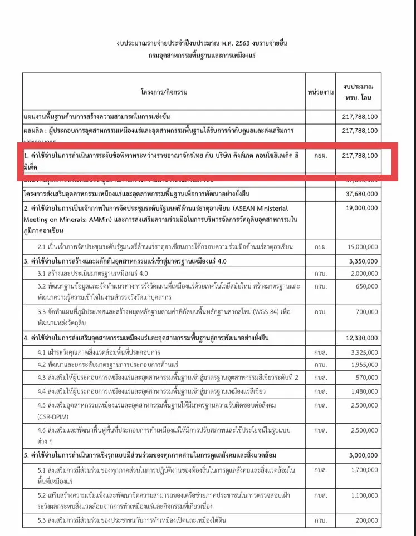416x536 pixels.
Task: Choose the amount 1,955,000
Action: coord(363,365)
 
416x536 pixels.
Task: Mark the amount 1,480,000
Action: coord(363,391)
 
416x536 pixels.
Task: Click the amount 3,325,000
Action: coord(363,352)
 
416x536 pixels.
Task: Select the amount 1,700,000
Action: coord(363,470)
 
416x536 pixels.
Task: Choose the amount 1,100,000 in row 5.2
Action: coord(363,495)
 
